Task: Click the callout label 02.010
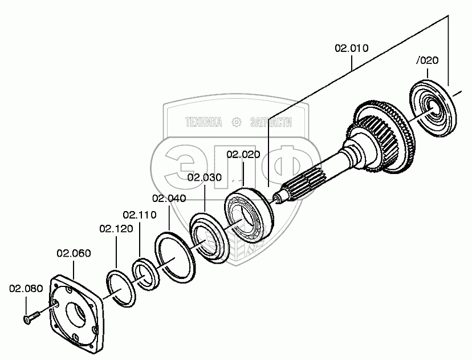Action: click(351, 48)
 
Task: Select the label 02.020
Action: click(243, 154)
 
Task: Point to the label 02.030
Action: click(204, 177)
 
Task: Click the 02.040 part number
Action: click(169, 198)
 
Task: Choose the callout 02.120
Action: click(116, 229)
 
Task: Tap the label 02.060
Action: click(74, 253)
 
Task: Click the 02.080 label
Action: click(26, 288)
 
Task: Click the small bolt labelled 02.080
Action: click(31, 316)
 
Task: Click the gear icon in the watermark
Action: click(236, 122)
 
